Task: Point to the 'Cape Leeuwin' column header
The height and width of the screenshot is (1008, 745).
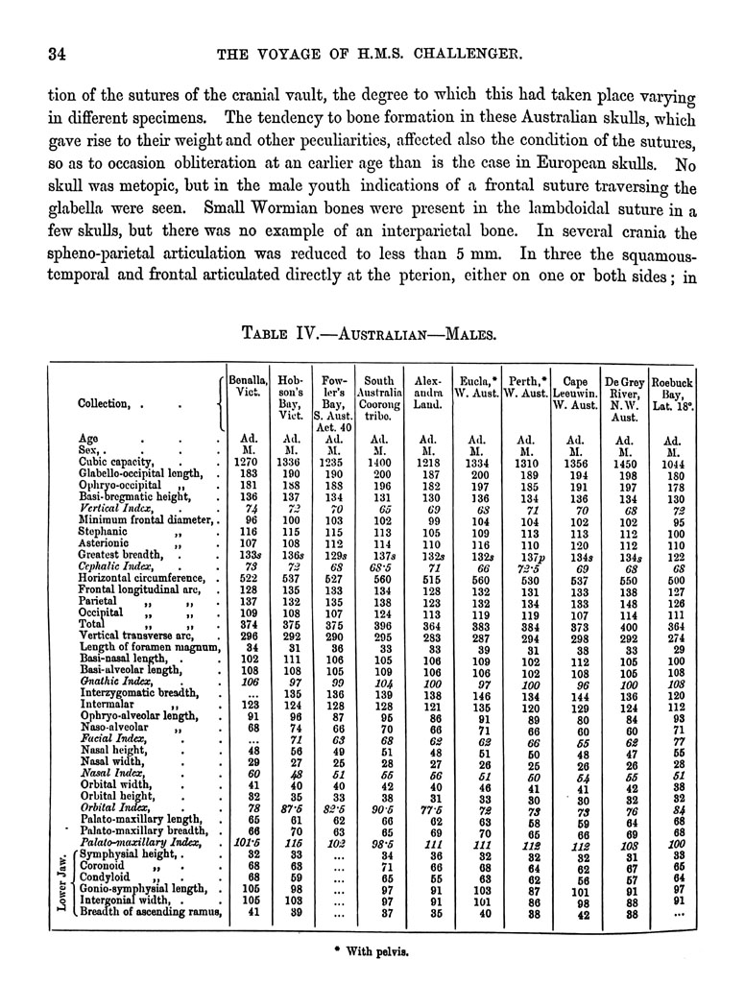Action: pyautogui.click(x=574, y=393)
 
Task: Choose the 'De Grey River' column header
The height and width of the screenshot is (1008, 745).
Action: pyautogui.click(x=625, y=398)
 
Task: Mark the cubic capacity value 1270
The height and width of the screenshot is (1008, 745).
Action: pyautogui.click(x=246, y=461)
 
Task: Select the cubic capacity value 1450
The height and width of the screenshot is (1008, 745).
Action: pyautogui.click(x=625, y=463)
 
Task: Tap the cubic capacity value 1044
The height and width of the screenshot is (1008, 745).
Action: pyautogui.click(x=672, y=463)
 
